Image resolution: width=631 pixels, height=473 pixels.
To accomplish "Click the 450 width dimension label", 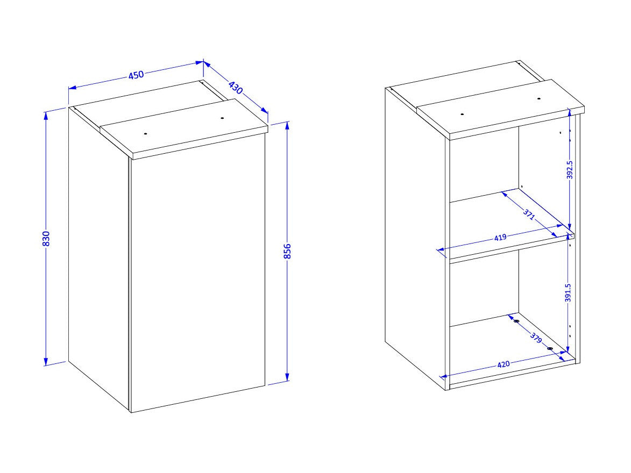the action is (136, 75).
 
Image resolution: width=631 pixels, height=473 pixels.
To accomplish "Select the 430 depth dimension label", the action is (236, 88).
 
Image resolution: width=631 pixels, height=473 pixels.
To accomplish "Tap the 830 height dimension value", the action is (46, 239).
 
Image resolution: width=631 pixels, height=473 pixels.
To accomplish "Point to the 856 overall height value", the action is (287, 252).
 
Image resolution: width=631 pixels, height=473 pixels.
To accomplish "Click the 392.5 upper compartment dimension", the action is (570, 170).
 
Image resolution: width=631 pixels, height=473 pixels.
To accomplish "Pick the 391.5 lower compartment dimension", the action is (568, 292).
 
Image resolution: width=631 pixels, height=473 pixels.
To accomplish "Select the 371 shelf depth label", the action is (529, 214).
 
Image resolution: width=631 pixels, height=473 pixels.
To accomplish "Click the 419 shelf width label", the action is (500, 238).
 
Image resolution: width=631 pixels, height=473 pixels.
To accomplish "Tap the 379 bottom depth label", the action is (536, 338).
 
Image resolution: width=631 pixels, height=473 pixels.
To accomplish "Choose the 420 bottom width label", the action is (504, 364).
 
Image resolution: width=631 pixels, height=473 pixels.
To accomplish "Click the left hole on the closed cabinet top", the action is (146, 133).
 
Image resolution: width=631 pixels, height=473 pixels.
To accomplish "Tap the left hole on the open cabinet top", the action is (462, 114).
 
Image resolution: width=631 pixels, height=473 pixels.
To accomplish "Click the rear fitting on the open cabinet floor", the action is (516, 321).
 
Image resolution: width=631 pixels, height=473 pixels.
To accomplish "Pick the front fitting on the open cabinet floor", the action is (550, 348).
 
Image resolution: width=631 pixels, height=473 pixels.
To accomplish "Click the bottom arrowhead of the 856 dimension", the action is (287, 376).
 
